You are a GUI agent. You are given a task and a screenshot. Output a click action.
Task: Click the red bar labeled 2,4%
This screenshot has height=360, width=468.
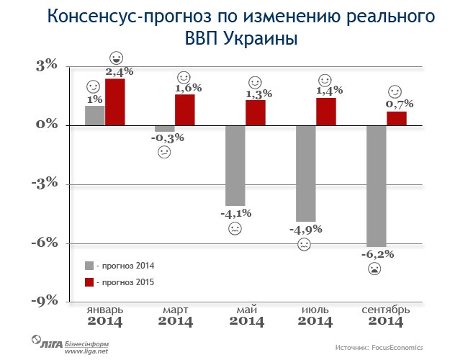pyautogui.click(x=115, y=102)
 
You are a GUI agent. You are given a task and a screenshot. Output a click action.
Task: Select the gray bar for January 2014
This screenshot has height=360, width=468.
pyautogui.click(x=94, y=115)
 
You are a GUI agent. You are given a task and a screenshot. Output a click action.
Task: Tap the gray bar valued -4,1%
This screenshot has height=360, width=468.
pyautogui.click(x=235, y=165)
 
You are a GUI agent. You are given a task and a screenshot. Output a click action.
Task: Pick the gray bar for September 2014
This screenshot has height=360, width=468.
pyautogui.click(x=376, y=185)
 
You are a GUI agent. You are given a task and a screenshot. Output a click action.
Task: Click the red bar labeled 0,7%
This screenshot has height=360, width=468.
pyautogui.click(x=396, y=118)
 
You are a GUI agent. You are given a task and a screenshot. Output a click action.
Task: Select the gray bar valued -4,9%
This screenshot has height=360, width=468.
pyautogui.click(x=305, y=173)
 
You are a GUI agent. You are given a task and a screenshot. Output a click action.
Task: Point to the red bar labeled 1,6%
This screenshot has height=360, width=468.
pyautogui.click(x=184, y=109)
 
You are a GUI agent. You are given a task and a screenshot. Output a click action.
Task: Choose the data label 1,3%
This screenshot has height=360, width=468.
pyautogui.click(x=255, y=94)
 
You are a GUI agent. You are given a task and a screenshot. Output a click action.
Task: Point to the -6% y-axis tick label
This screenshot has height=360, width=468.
pyautogui.click(x=44, y=243)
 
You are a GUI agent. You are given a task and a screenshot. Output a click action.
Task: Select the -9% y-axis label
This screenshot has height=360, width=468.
pyautogui.click(x=44, y=301)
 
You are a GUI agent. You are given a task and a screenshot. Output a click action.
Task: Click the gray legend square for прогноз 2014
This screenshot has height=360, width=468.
pyautogui.click(x=89, y=265)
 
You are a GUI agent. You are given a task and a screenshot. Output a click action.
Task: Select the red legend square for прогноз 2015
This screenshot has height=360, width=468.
pyautogui.click(x=89, y=282)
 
